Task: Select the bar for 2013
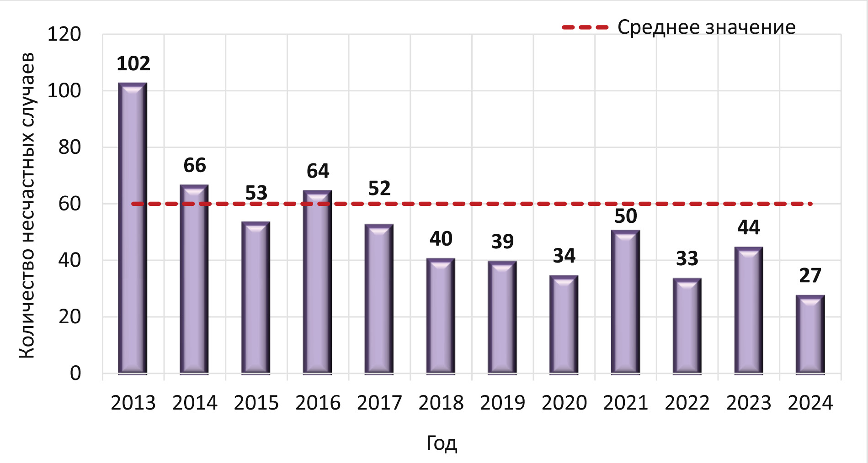click(x=133, y=228)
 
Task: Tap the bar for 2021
click(x=625, y=302)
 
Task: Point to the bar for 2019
click(x=502, y=317)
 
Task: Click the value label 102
click(x=133, y=63)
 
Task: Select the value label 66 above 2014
click(x=195, y=165)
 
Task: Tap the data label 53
click(x=256, y=193)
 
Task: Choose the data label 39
click(x=502, y=241)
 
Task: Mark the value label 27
click(x=810, y=275)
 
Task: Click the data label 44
click(x=748, y=227)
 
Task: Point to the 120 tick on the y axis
click(x=64, y=34)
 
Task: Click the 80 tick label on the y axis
click(x=69, y=147)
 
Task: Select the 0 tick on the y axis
click(x=75, y=373)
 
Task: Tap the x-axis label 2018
click(x=441, y=403)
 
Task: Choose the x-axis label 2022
click(x=687, y=403)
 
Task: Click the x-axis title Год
click(x=442, y=443)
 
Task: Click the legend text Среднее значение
click(x=706, y=27)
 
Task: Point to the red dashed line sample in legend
click(x=585, y=27)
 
